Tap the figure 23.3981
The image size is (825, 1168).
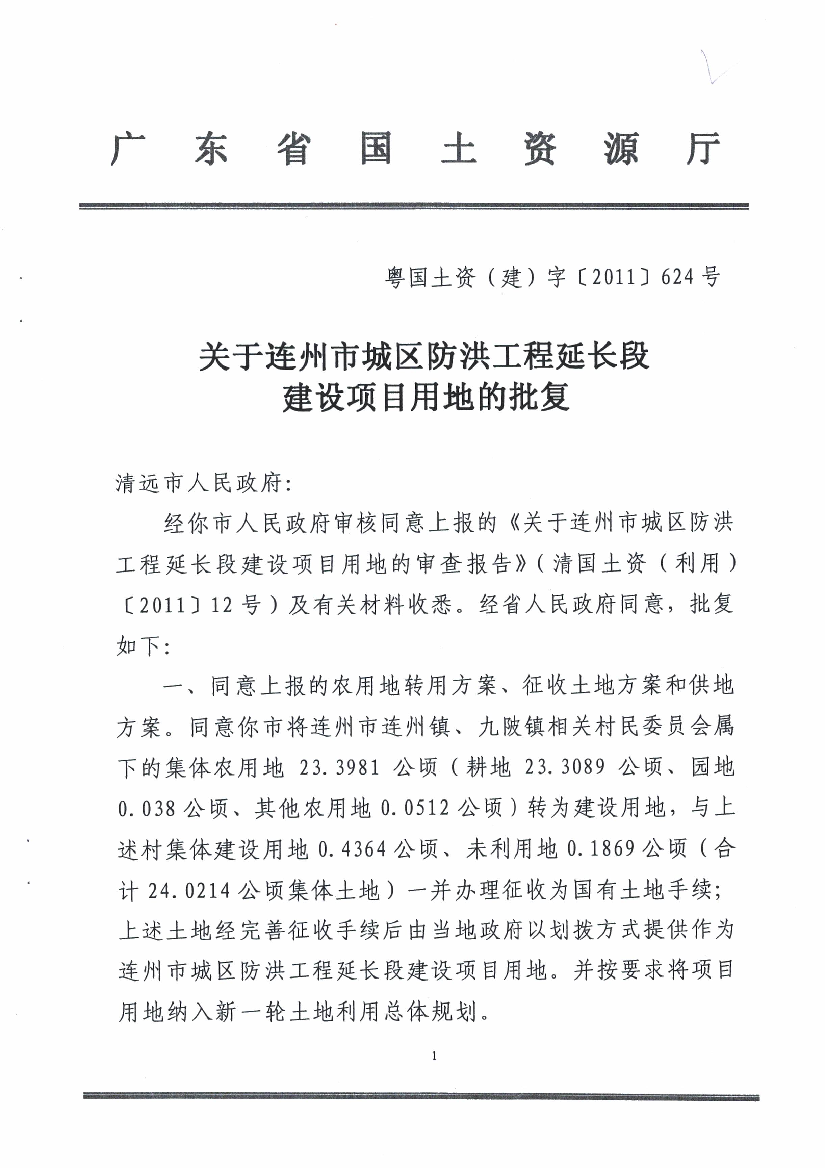tap(339, 767)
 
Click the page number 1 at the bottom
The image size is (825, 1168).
tap(434, 1056)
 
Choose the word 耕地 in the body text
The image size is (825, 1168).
tap(488, 767)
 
